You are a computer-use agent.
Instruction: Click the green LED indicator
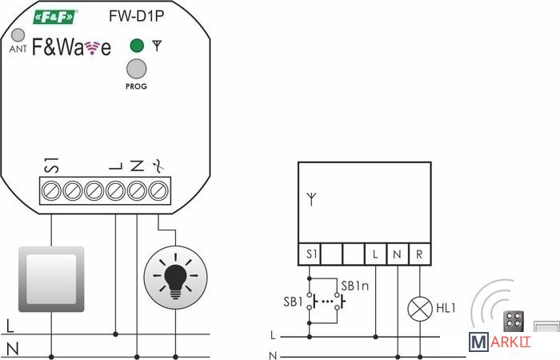pos(137,46)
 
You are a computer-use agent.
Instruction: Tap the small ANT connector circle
pos(18,36)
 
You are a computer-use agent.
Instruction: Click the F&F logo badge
pos(56,16)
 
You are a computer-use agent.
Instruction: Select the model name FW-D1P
pos(130,15)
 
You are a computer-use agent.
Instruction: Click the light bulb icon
pos(174,277)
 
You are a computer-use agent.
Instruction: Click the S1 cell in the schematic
pos(310,254)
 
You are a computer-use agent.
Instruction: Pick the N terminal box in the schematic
pos(398,254)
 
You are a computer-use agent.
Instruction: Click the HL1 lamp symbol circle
pos(419,307)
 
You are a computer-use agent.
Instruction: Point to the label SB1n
pos(354,286)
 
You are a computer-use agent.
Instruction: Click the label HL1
pos(446,307)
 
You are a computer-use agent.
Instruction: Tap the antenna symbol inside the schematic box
pos(312,197)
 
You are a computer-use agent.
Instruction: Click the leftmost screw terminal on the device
pos(50,191)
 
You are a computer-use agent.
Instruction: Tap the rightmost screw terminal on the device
pos(158,191)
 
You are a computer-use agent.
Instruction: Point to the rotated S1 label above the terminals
pos(51,166)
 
